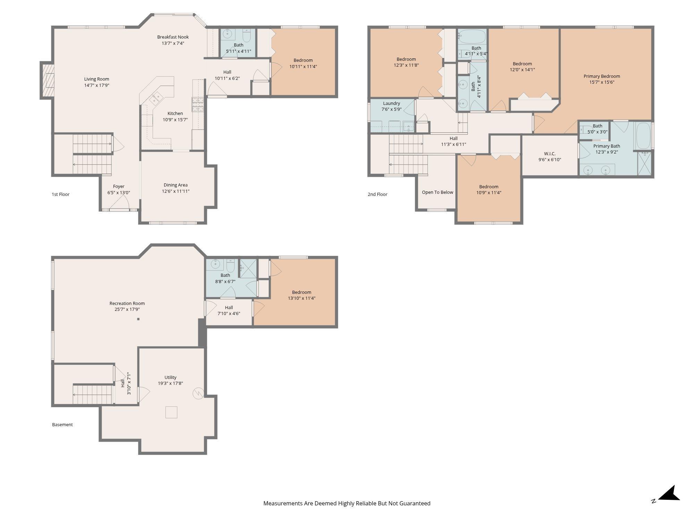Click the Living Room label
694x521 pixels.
pyautogui.click(x=96, y=79)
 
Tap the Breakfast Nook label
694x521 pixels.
pyautogui.click(x=173, y=37)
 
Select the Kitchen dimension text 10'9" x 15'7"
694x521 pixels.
pyautogui.click(x=175, y=119)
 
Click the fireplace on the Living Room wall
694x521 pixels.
pyautogui.click(x=48, y=80)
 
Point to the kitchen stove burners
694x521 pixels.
pyautogui.click(x=198, y=105)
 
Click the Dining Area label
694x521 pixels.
pyautogui.click(x=176, y=185)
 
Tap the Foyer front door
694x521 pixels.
pyautogui.click(x=119, y=209)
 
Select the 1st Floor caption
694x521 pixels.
pyautogui.click(x=61, y=194)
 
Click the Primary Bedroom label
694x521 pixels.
pyautogui.click(x=602, y=76)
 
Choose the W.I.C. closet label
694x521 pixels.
pyautogui.click(x=550, y=154)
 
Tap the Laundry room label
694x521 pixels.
pyautogui.click(x=391, y=103)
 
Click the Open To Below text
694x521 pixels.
pyautogui.click(x=438, y=192)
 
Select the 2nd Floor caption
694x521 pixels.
pyautogui.click(x=378, y=194)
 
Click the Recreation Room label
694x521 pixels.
pyautogui.click(x=127, y=303)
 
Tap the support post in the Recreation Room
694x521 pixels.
pyautogui.click(x=138, y=319)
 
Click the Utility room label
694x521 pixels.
pyautogui.click(x=170, y=377)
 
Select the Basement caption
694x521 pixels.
pyautogui.click(x=62, y=424)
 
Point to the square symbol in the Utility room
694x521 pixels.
pyautogui.click(x=171, y=412)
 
